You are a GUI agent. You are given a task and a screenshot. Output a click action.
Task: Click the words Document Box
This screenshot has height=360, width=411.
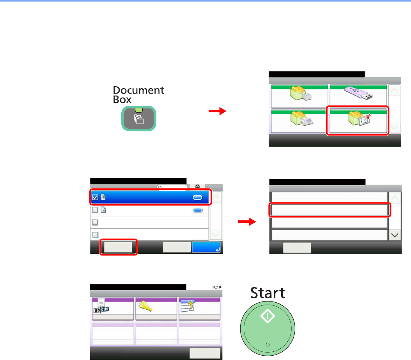(x=138, y=94)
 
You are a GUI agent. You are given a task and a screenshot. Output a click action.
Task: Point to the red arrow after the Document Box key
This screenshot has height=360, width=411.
(x=217, y=112)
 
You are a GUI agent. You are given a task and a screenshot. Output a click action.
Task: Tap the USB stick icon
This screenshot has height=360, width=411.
(x=358, y=96)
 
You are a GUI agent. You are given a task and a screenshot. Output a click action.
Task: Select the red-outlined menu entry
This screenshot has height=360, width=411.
(x=330, y=210)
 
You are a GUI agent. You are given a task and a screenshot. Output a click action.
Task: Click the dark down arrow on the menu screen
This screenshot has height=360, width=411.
(x=395, y=235)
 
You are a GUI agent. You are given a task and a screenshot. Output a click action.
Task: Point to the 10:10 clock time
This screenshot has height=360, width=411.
(x=216, y=287)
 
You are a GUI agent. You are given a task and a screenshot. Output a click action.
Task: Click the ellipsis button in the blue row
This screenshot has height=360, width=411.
(x=198, y=198)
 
